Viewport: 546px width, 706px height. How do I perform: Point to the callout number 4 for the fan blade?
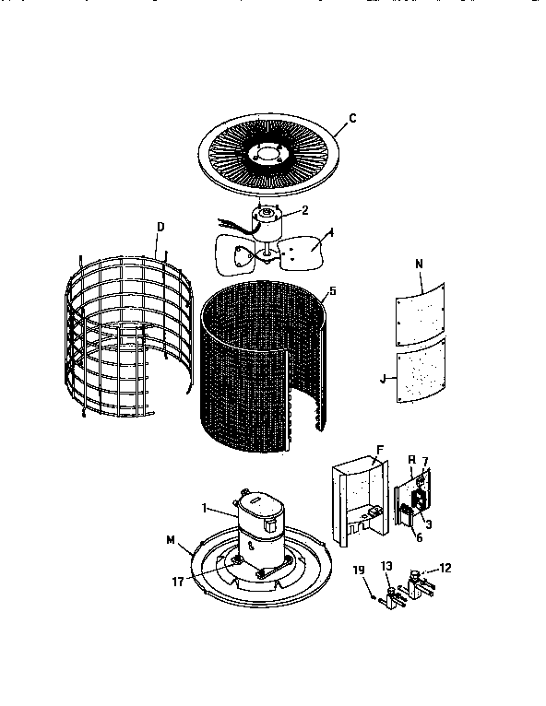pyautogui.click(x=331, y=233)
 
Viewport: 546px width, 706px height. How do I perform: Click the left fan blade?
pyautogui.click(x=232, y=253)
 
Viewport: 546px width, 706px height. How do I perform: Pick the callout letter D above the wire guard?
pyautogui.click(x=160, y=226)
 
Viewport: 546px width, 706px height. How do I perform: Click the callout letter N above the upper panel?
pyautogui.click(x=419, y=264)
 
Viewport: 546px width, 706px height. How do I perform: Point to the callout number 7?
pyautogui.click(x=425, y=461)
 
